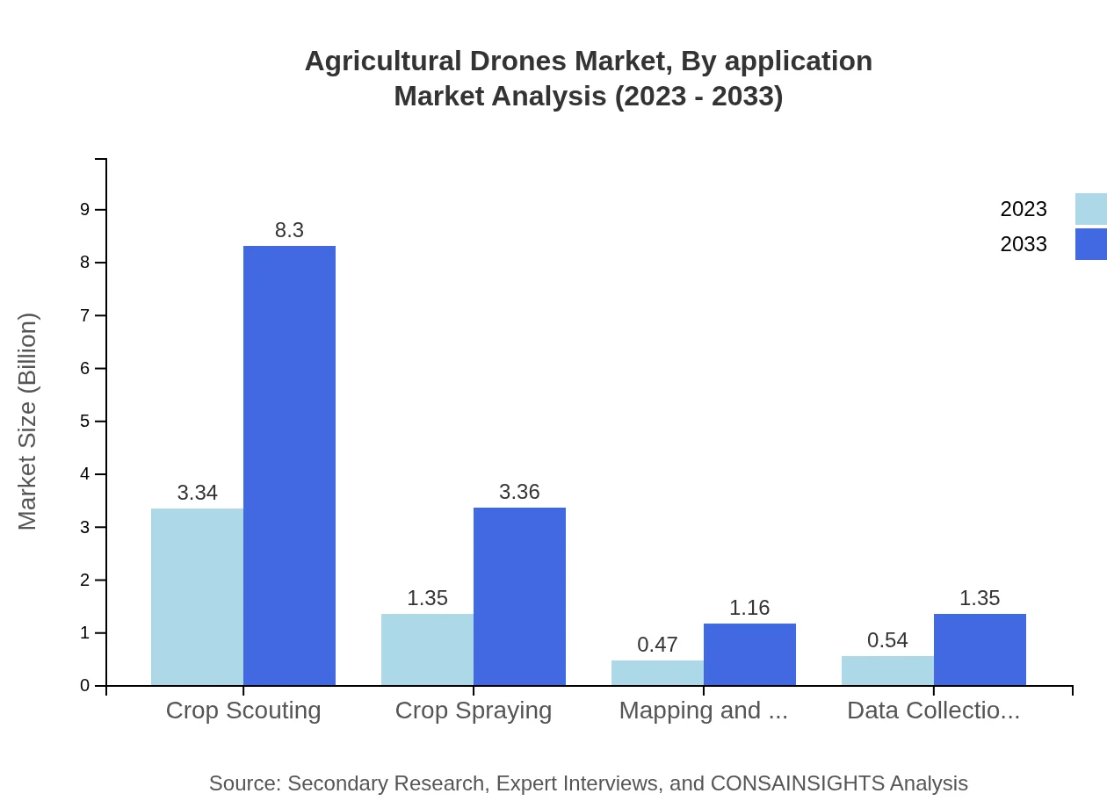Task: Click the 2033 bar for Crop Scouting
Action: pyautogui.click(x=289, y=465)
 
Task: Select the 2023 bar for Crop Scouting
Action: pyautogui.click(x=197, y=597)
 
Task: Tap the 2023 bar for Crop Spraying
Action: pyautogui.click(x=427, y=650)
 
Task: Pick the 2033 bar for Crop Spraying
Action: pyautogui.click(x=519, y=596)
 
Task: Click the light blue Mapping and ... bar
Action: pyautogui.click(x=657, y=673)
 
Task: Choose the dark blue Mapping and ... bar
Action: pyautogui.click(x=749, y=654)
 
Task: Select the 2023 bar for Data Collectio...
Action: pyautogui.click(x=887, y=671)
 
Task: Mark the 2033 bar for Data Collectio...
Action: pyautogui.click(x=980, y=650)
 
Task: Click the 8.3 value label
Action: pyautogui.click(x=289, y=230)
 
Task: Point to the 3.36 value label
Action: pyautogui.click(x=519, y=492)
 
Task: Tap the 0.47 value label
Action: pyautogui.click(x=657, y=645)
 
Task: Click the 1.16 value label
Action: pyautogui.click(x=749, y=608)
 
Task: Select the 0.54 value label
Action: pyautogui.click(x=887, y=640)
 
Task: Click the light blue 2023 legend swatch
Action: pyautogui.click(x=1090, y=209)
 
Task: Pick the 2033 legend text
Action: pyautogui.click(x=1024, y=244)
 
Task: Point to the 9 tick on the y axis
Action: pyautogui.click(x=85, y=210)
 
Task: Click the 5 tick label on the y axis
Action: pyautogui.click(x=85, y=422)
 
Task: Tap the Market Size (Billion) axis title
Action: pyautogui.click(x=28, y=422)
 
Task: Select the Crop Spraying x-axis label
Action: pyautogui.click(x=474, y=711)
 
